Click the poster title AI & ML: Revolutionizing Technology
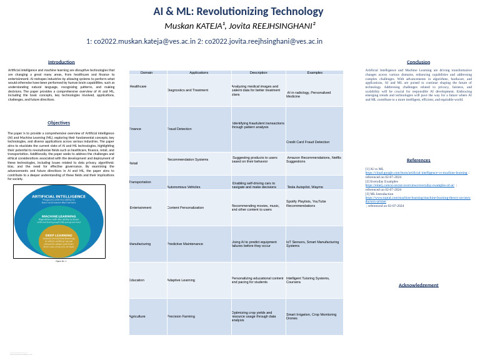(239, 12)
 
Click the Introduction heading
(61, 62)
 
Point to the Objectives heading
(59, 123)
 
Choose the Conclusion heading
(418, 62)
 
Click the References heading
(418, 161)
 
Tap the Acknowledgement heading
(418, 285)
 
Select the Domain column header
(147, 72)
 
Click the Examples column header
(314, 72)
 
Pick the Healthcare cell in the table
(138, 86)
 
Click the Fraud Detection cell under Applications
(180, 129)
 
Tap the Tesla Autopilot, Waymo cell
(305, 187)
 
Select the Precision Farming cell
(182, 317)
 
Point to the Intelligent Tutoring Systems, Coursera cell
(307, 279)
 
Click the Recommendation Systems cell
(188, 160)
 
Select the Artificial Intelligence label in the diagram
(59, 196)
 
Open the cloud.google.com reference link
(416, 172)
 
